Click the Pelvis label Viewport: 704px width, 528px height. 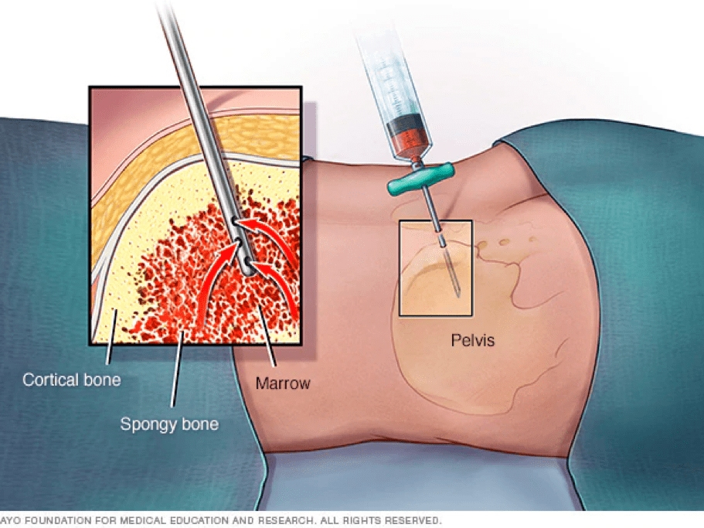tap(472, 340)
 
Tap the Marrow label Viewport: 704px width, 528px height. tap(283, 383)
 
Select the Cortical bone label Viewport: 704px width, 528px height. tap(72, 380)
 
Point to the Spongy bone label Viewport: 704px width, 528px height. tap(169, 424)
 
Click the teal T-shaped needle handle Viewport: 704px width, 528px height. tap(420, 179)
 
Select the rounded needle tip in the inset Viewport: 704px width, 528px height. tap(247, 269)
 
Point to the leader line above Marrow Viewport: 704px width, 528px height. tap(267, 336)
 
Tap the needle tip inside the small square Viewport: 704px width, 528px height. tap(458, 295)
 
